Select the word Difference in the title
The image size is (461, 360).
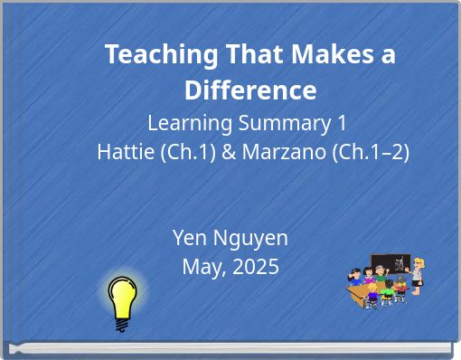pos(250,90)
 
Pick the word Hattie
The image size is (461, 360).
pos(125,152)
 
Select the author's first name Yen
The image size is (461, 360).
pos(189,238)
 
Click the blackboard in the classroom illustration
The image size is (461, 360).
pos(390,266)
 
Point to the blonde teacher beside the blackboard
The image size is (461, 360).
pos(418,274)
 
